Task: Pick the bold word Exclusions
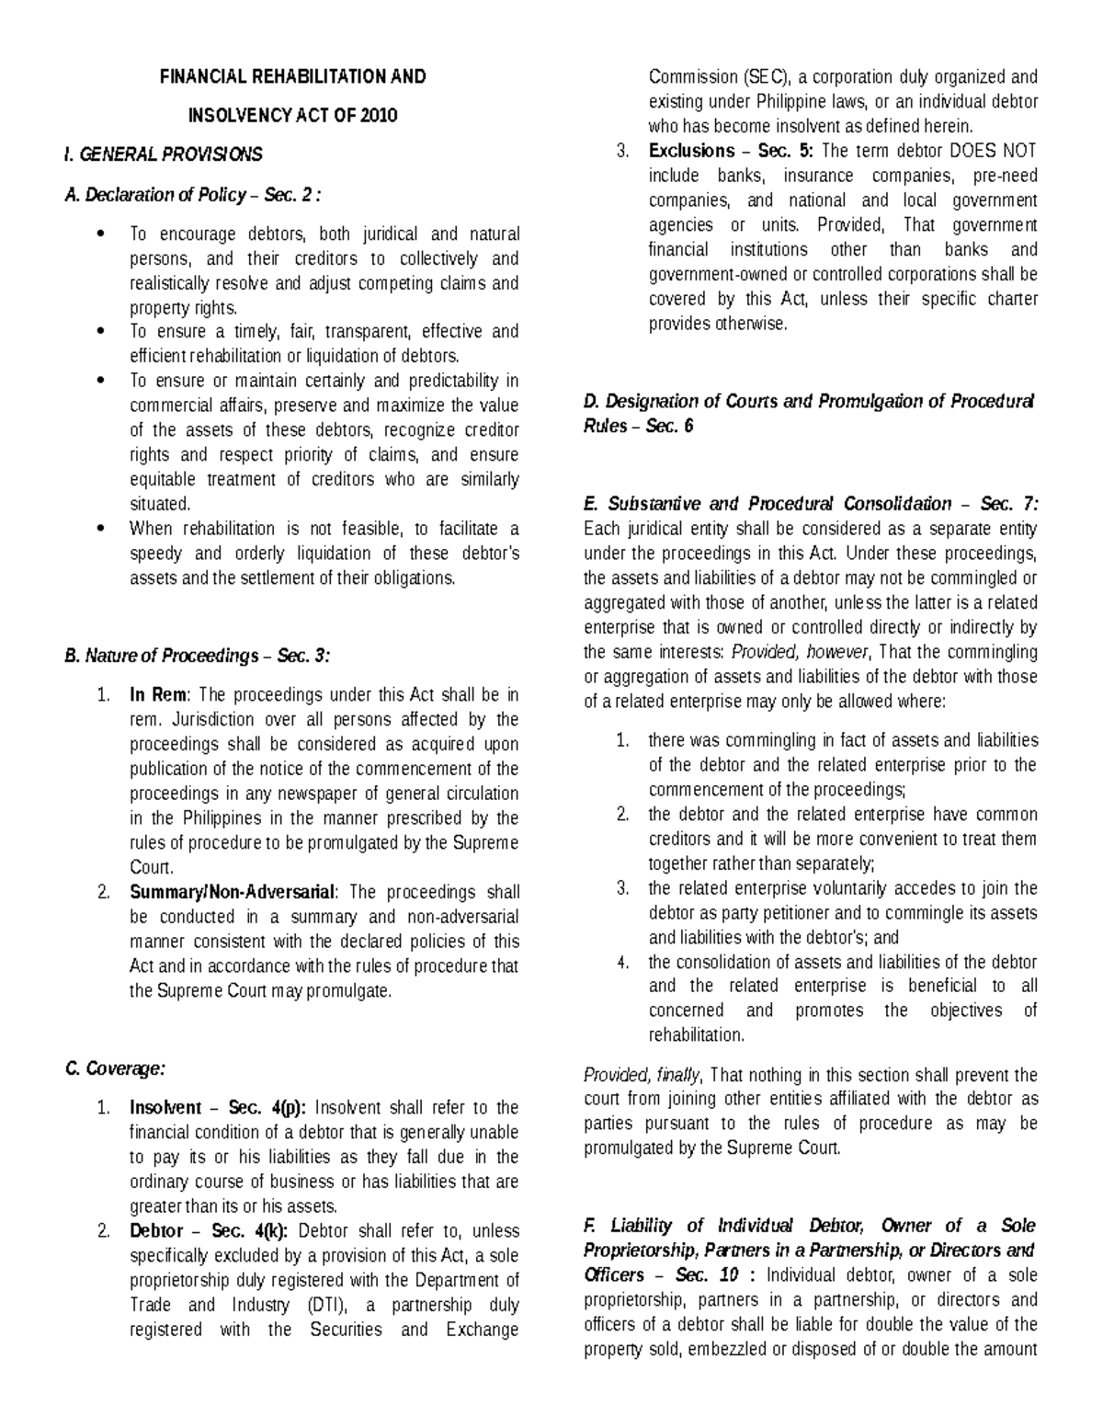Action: click(691, 151)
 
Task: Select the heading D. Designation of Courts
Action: click(808, 402)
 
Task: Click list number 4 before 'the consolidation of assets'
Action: click(623, 963)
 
